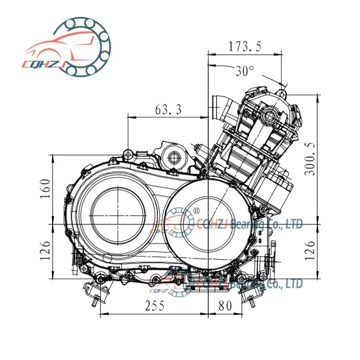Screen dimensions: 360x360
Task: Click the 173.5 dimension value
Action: pos(245,47)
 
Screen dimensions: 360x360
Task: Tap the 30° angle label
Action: pos(244,71)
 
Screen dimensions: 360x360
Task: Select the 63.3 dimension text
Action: pos(168,110)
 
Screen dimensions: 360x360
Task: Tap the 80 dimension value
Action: pos(224,307)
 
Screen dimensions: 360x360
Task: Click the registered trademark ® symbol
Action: pos(196,210)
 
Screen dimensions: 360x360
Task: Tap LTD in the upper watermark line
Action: pos(294,224)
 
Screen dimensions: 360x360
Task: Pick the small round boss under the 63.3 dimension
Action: pos(173,155)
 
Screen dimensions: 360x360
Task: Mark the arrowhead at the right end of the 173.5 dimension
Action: pos(280,54)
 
